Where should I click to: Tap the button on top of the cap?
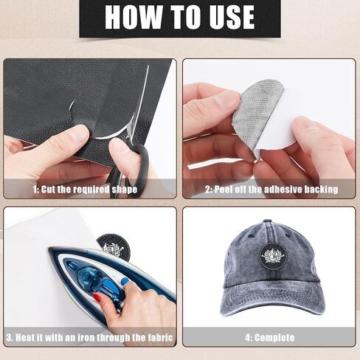[267, 221]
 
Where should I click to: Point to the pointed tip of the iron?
[50, 250]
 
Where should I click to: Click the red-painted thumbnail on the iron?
[97, 298]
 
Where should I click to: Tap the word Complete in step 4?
[274, 338]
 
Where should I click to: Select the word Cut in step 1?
[48, 190]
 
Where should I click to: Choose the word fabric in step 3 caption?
[160, 338]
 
